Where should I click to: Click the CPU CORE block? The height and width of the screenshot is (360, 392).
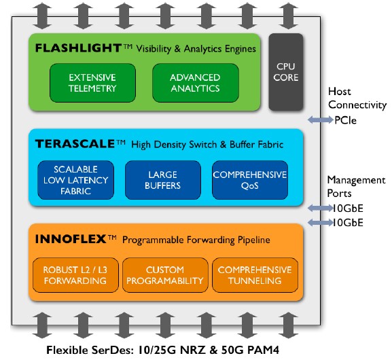(x=286, y=72)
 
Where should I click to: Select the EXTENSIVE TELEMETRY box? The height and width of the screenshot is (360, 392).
(x=92, y=83)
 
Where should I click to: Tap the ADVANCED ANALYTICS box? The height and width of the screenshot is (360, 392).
(x=195, y=83)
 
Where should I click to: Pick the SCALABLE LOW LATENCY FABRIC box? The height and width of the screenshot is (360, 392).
(x=75, y=180)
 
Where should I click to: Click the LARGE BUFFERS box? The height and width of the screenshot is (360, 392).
(x=163, y=180)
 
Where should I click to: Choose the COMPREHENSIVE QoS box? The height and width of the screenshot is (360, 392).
(x=250, y=180)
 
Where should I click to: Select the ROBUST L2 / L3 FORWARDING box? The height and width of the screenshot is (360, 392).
(x=75, y=275)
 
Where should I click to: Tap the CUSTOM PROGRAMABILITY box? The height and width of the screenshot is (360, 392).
(x=165, y=275)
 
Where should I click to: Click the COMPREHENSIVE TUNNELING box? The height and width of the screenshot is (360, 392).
(x=255, y=275)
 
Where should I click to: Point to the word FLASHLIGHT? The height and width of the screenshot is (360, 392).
(x=78, y=48)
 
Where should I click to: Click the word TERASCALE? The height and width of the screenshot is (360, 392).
(x=75, y=144)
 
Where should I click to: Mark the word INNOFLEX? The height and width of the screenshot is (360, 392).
(x=71, y=239)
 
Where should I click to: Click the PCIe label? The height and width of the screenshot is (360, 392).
(x=346, y=120)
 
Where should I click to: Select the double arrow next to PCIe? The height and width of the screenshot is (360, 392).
(x=321, y=120)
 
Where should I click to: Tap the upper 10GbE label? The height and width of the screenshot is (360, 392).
(x=348, y=209)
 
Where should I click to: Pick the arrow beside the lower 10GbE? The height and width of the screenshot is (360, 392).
(x=321, y=223)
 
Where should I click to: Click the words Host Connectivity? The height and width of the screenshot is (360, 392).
(x=357, y=98)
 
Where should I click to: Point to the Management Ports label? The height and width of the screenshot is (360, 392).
(x=356, y=187)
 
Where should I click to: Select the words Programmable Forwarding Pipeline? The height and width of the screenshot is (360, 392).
(x=196, y=240)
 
